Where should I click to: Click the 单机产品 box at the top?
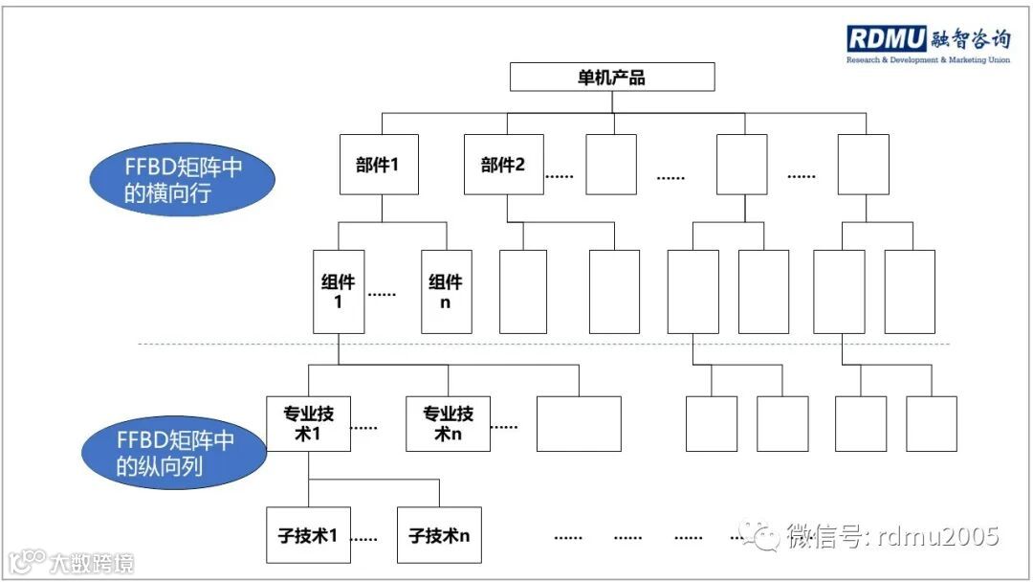click(611, 77)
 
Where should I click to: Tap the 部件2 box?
click(503, 165)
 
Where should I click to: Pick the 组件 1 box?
click(339, 292)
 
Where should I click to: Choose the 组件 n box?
click(446, 292)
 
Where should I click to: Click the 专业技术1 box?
click(308, 423)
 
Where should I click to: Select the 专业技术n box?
click(448, 423)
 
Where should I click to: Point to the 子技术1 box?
click(307, 535)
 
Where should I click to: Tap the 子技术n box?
click(439, 535)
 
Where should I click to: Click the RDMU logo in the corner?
click(887, 38)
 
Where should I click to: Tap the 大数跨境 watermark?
click(72, 561)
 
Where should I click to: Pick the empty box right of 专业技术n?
click(579, 423)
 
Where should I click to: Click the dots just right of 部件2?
click(559, 177)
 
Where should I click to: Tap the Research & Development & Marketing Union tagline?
click(928, 59)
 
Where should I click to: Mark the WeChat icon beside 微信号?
click(764, 537)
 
